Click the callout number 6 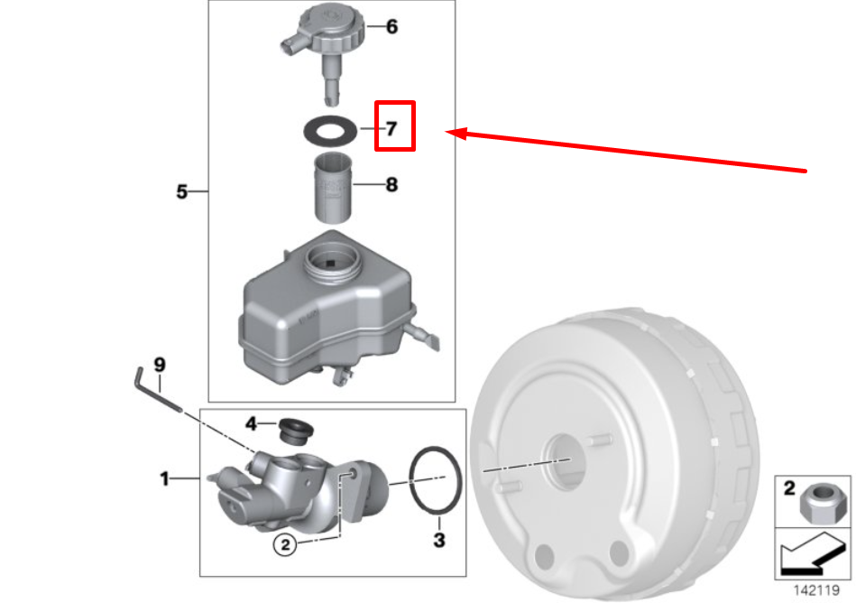click(392, 27)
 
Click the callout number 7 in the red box click(391, 129)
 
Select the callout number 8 click(391, 185)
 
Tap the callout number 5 click(182, 191)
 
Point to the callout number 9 click(160, 365)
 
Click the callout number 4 click(251, 423)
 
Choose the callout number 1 click(164, 479)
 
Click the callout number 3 click(439, 540)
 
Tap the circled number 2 click(285, 544)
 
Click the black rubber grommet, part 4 click(295, 431)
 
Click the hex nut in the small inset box click(818, 504)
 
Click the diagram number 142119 click(816, 590)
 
